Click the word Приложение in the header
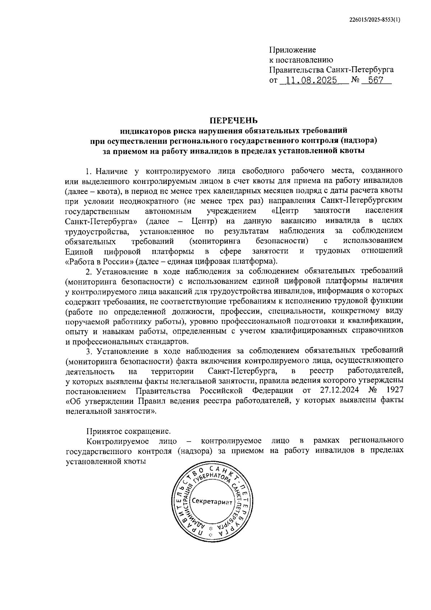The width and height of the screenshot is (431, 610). [292, 50]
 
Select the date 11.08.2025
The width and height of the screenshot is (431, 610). [309, 80]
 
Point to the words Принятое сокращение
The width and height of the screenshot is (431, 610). [128, 430]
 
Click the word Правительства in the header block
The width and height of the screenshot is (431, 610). [297, 70]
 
